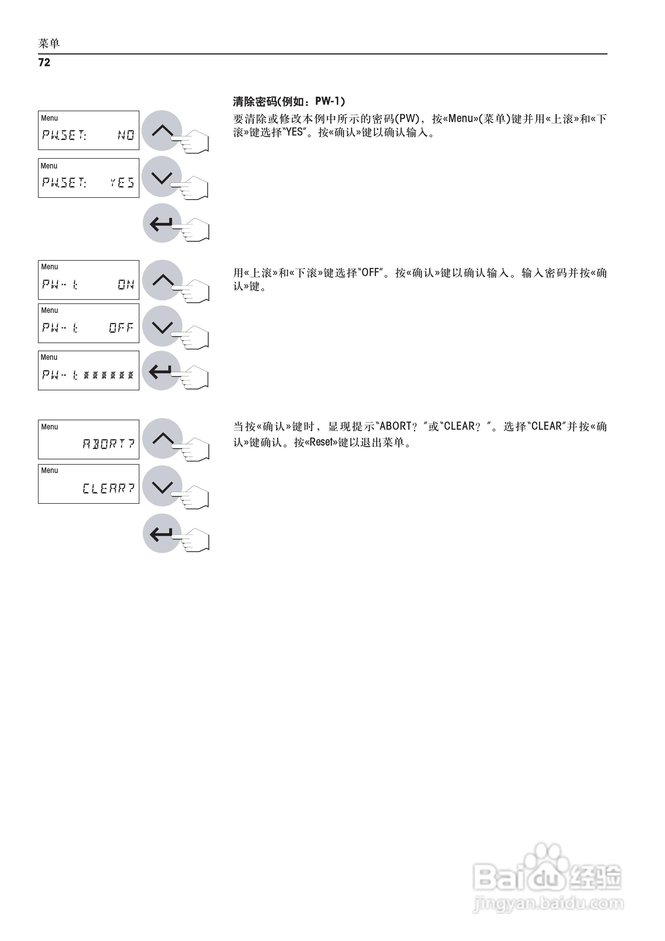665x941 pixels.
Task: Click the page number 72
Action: (44, 62)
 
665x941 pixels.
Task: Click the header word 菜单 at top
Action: (49, 43)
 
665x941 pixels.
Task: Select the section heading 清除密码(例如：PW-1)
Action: (289, 101)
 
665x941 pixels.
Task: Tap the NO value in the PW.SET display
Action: (126, 135)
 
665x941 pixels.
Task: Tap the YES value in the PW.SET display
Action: (122, 182)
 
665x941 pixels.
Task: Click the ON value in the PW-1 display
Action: (126, 284)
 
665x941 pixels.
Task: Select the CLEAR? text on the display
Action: (108, 488)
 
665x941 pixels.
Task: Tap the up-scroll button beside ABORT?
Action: (162, 438)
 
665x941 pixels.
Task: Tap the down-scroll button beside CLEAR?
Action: (162, 486)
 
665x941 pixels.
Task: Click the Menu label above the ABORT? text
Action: (50, 427)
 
